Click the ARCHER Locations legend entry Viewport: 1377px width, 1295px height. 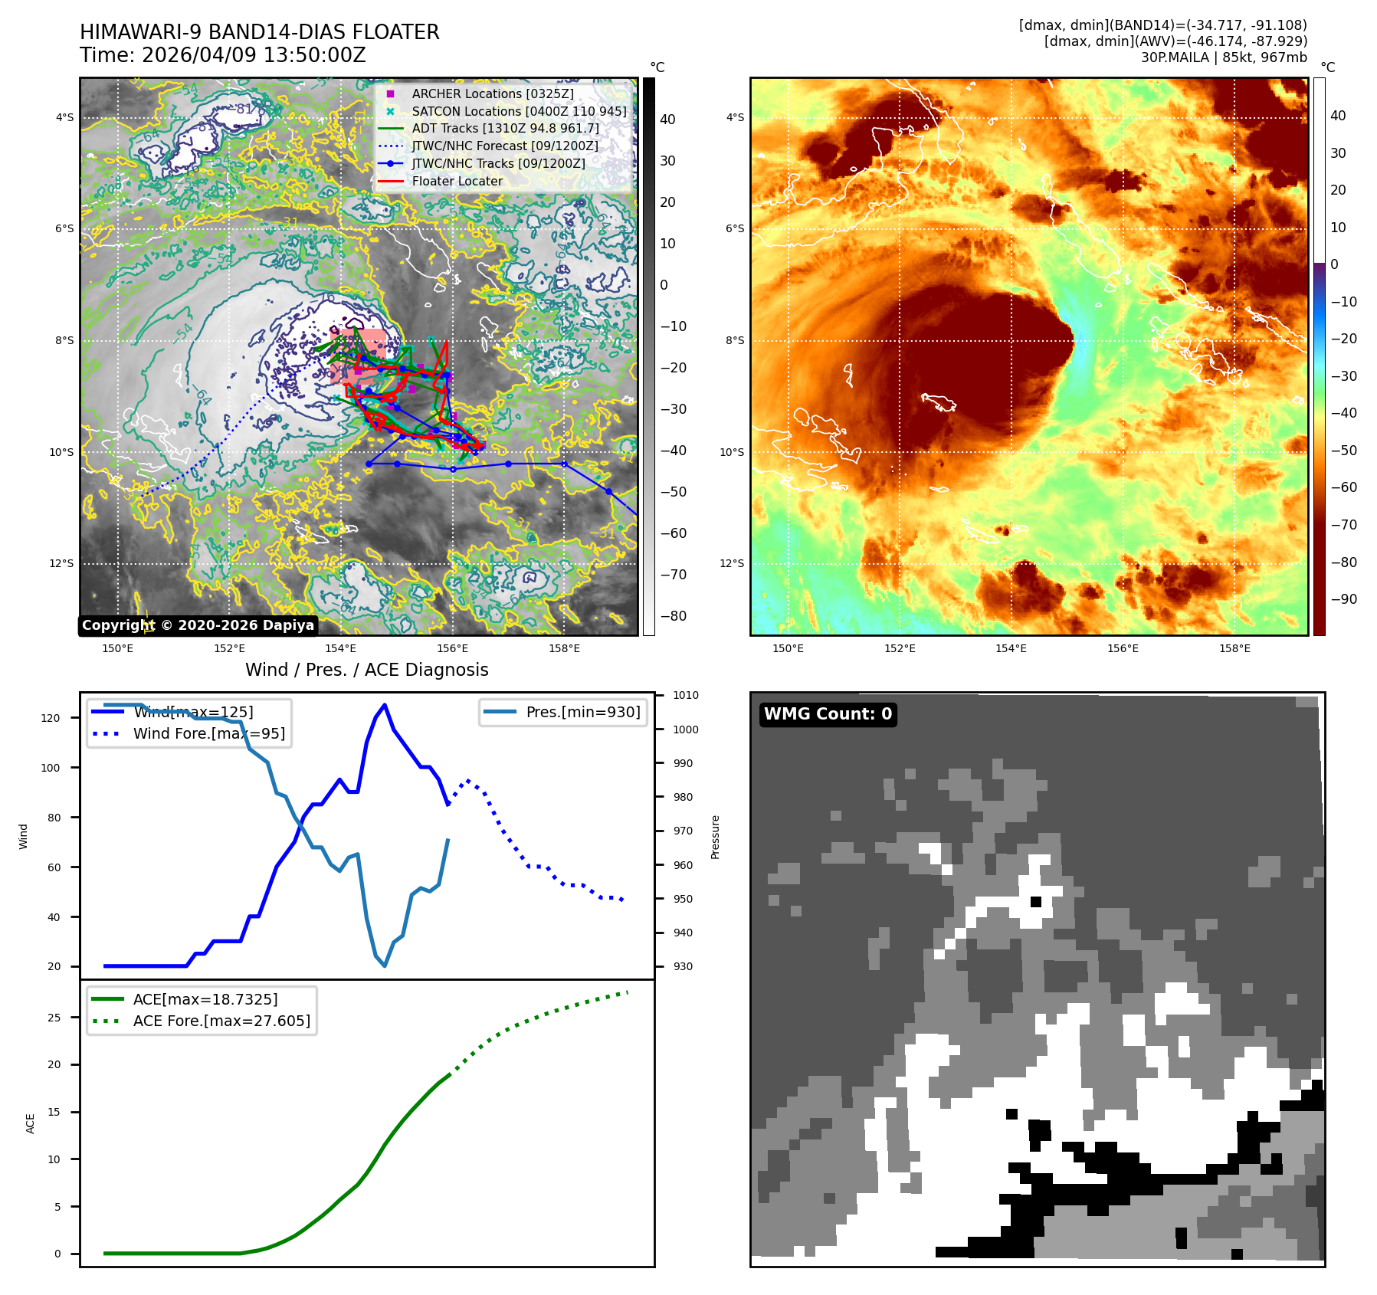[x=492, y=93]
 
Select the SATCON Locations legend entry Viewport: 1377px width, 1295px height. [x=518, y=111]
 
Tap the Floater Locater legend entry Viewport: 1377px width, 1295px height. [x=457, y=181]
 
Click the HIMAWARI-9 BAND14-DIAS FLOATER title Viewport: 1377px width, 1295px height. [x=260, y=32]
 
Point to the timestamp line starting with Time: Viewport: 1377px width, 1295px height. [x=223, y=55]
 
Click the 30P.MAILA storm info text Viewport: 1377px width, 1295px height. [x=1223, y=57]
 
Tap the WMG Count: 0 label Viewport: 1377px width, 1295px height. [x=828, y=714]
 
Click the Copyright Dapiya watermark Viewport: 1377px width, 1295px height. [x=198, y=625]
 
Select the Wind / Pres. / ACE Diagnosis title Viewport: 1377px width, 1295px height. [x=366, y=670]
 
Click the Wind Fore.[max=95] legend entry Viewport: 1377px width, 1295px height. [x=208, y=733]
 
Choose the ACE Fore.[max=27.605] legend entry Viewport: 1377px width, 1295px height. [x=221, y=1021]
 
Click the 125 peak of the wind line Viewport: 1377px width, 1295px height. [x=385, y=705]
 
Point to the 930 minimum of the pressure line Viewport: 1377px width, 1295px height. [x=385, y=966]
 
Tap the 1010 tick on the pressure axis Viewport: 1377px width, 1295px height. [x=686, y=696]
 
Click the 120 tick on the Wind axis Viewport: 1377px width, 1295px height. [x=51, y=718]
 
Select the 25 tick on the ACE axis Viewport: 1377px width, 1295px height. [x=54, y=1018]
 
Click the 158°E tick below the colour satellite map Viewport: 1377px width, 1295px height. [x=1234, y=648]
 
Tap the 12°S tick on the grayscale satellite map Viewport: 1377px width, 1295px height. [x=62, y=563]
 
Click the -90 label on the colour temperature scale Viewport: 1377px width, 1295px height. [x=1344, y=599]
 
